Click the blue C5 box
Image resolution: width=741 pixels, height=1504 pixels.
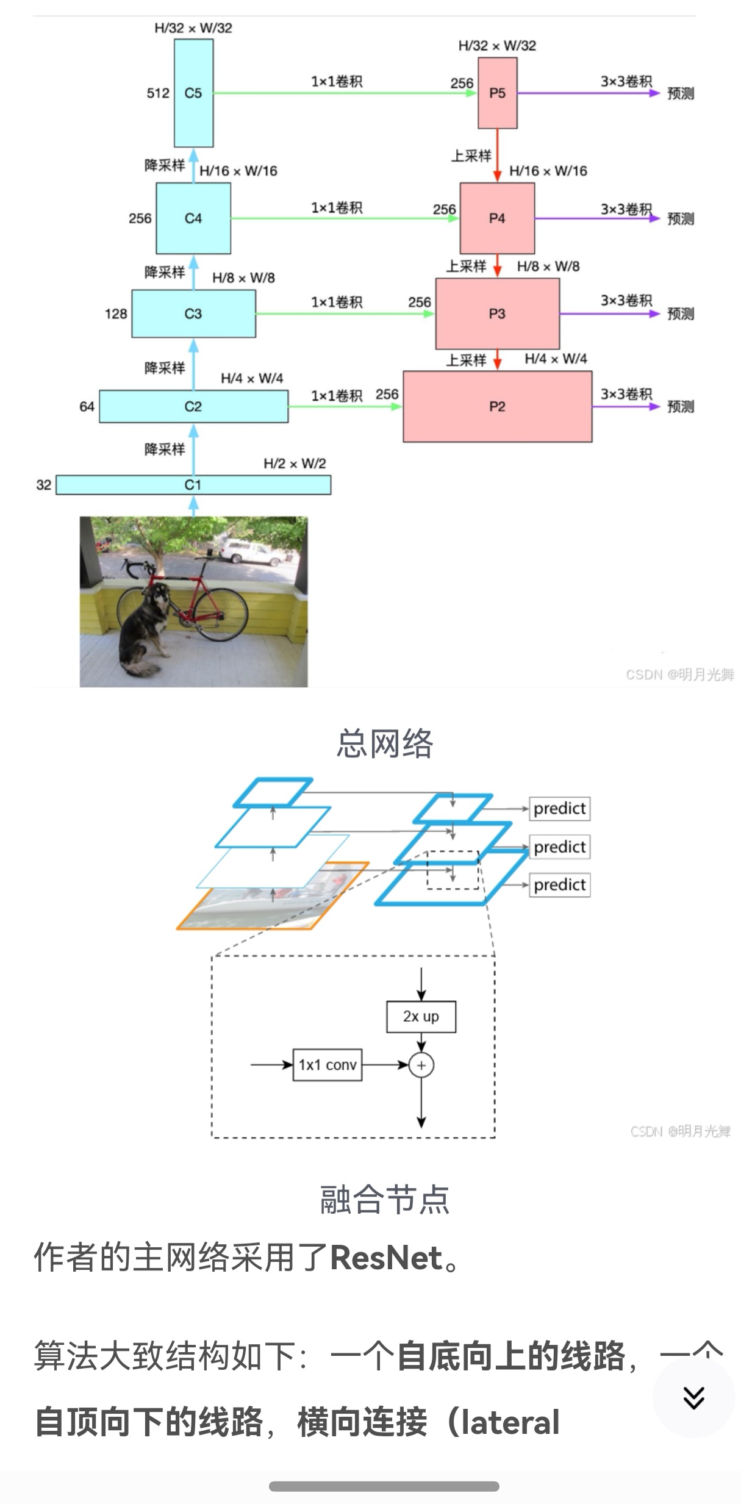coord(193,93)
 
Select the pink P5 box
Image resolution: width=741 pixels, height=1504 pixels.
coord(497,93)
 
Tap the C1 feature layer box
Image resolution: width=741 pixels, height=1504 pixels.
coord(193,485)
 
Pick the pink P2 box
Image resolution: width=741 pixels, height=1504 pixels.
coord(497,406)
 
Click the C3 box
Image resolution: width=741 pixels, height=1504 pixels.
coord(193,313)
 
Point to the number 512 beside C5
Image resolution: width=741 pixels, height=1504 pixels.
coord(158,93)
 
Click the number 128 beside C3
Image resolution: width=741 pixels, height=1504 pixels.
coord(116,314)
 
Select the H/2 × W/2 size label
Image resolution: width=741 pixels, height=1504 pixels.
coord(295,464)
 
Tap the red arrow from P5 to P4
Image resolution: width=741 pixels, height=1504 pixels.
coord(497,156)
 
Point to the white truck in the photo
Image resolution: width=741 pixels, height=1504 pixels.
coord(251,553)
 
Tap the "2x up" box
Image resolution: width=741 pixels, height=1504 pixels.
coord(421,1016)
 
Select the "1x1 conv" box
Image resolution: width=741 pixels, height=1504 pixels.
coord(328,1065)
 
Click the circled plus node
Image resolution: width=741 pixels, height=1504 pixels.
coord(421,1065)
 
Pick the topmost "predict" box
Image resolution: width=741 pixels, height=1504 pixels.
coord(559,809)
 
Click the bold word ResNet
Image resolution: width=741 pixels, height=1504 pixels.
coord(386,1258)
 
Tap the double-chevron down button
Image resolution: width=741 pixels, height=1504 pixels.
coord(693,1397)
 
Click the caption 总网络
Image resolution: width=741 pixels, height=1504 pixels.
coord(384,743)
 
